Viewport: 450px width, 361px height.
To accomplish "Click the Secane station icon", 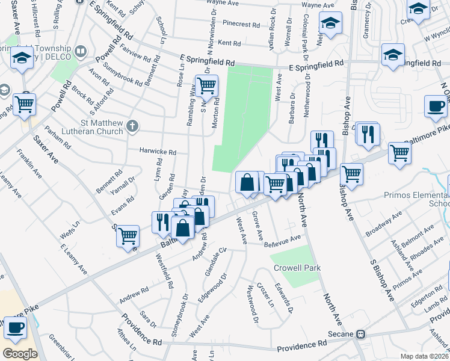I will click(x=361, y=335).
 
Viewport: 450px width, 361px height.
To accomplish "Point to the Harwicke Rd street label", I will click(x=158, y=152).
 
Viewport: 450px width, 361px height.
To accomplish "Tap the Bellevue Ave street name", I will click(x=282, y=241).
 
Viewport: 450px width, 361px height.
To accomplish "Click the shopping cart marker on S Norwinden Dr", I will click(x=206, y=85).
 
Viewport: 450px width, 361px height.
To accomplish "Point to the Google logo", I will click(x=19, y=353).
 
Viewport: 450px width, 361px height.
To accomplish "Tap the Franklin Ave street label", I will click(x=29, y=163).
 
